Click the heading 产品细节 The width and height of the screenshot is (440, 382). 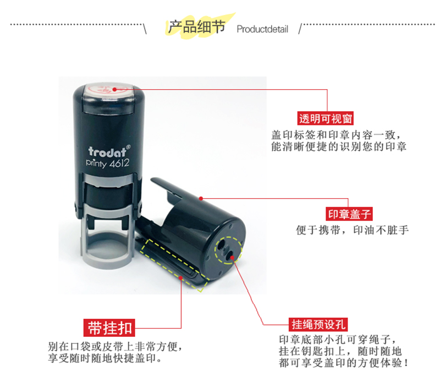(197, 26)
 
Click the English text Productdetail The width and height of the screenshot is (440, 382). (262, 29)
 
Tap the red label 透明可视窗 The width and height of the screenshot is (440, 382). (326, 118)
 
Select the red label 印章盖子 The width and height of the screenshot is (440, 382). (349, 214)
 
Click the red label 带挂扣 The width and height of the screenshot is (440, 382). (109, 328)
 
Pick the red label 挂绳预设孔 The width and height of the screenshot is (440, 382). (318, 325)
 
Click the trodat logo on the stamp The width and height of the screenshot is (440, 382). (107, 152)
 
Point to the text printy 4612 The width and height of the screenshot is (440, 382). (107, 163)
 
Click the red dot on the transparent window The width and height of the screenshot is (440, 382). (114, 90)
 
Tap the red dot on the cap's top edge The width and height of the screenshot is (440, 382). (201, 199)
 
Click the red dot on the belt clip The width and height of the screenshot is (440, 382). (181, 278)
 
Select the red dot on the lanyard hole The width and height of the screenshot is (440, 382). (232, 257)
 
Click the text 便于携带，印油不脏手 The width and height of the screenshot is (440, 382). (353, 230)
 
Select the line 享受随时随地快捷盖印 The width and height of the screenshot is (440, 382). (105, 358)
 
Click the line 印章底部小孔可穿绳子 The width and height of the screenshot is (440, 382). (338, 340)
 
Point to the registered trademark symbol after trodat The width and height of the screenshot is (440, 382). (128, 147)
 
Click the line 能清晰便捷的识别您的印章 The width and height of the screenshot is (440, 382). (339, 146)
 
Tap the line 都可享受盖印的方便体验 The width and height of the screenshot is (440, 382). (343, 363)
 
